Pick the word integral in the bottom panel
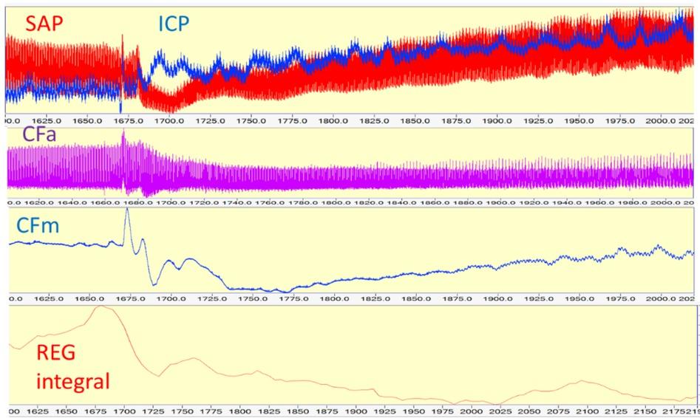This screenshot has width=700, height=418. (72, 382)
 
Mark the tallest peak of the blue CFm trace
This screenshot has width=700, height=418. (126, 210)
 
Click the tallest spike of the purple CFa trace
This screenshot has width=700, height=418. (123, 131)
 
